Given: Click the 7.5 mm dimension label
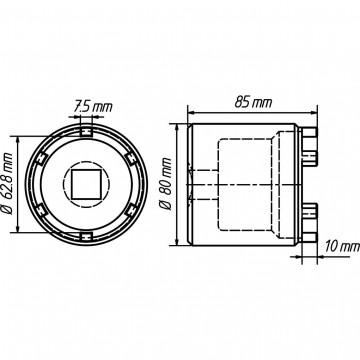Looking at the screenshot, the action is tap(93, 107).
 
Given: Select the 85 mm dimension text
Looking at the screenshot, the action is tap(253, 103).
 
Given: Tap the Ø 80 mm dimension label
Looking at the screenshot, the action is tap(165, 184).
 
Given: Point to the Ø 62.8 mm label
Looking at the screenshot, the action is tap(7, 184).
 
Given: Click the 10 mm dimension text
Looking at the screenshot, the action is tap(342, 247).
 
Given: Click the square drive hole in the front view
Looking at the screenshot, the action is tap(86, 184).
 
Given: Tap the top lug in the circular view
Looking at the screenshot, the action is tap(86, 131).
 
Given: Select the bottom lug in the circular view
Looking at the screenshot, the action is tap(86, 237).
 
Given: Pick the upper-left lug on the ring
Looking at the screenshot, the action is tap(41, 158).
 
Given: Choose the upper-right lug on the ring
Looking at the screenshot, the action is tap(131, 158).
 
